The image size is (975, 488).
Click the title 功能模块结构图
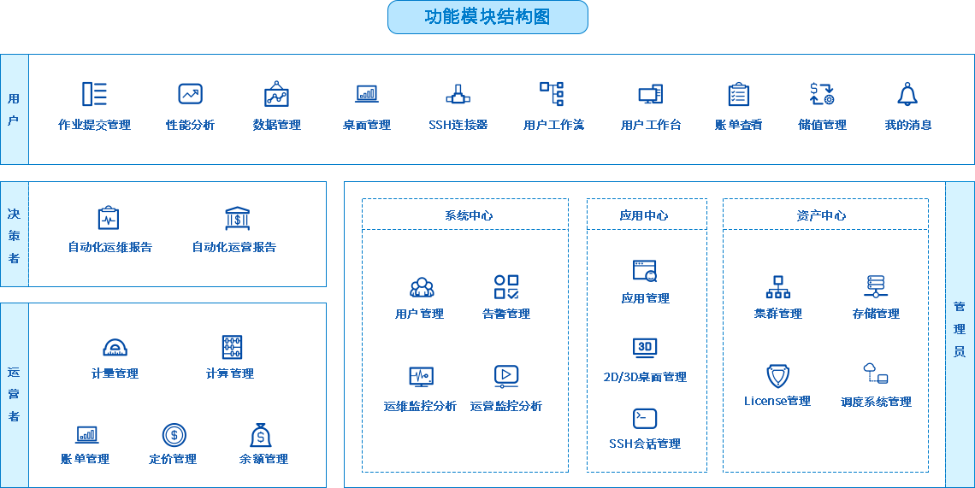pyautogui.click(x=487, y=17)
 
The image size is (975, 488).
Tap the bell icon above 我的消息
pyautogui.click(x=907, y=94)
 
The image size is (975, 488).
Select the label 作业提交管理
pyautogui.click(x=95, y=125)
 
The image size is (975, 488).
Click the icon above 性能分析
pyautogui.click(x=190, y=94)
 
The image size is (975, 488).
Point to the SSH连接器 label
pyautogui.click(x=458, y=125)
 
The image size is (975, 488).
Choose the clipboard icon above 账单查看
pyautogui.click(x=739, y=95)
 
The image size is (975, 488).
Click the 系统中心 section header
pyautogui.click(x=468, y=215)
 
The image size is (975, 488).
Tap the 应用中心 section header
pyautogui.click(x=643, y=215)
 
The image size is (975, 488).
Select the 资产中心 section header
pyautogui.click(x=821, y=215)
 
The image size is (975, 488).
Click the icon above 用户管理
pyautogui.click(x=422, y=287)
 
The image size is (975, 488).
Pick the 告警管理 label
pyautogui.click(x=506, y=314)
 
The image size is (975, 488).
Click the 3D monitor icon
pyautogui.click(x=645, y=348)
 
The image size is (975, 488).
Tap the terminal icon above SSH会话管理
pyautogui.click(x=645, y=419)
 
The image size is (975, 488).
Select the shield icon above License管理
pyautogui.click(x=778, y=376)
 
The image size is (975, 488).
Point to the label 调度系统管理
pyautogui.click(x=876, y=403)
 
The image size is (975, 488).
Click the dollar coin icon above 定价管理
pyautogui.click(x=174, y=435)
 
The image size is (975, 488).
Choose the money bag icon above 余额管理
pyautogui.click(x=261, y=435)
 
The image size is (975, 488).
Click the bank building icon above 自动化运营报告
pyautogui.click(x=238, y=219)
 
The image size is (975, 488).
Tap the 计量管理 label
pyautogui.click(x=115, y=373)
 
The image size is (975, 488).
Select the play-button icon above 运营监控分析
pyautogui.click(x=506, y=376)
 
